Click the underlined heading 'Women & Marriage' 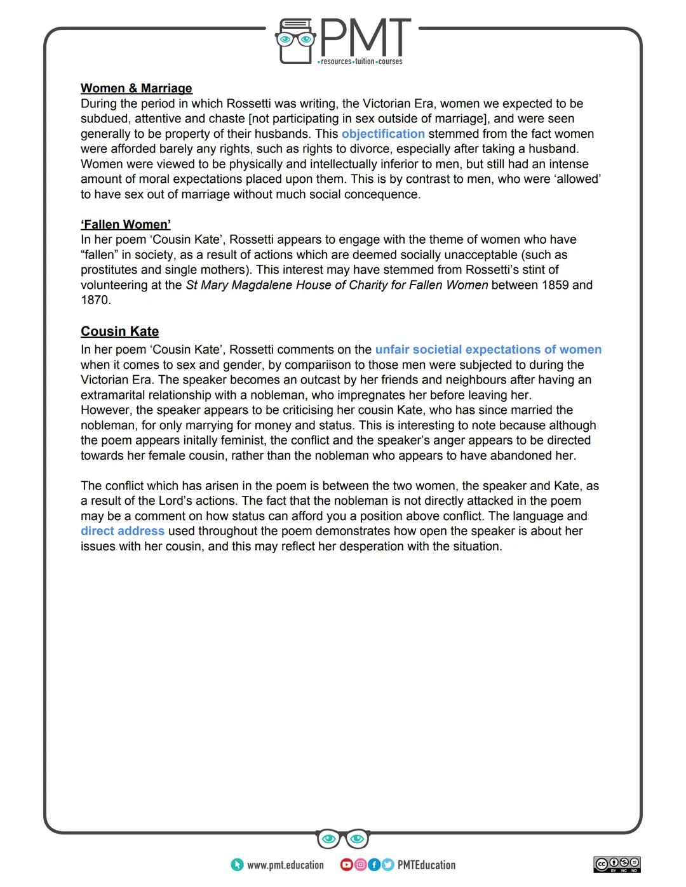pos(136,88)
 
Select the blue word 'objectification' pos(383,134)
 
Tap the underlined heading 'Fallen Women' pos(125,224)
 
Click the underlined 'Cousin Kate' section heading pos(119,331)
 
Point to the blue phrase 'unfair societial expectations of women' pos(488,350)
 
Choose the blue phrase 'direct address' pos(122,531)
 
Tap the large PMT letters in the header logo pos(365,37)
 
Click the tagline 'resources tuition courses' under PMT pos(361,62)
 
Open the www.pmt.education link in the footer pos(285,865)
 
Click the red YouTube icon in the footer pos(346,865)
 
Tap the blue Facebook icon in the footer pos(374,865)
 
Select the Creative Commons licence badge pos(617,864)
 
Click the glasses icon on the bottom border pos(343,839)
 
